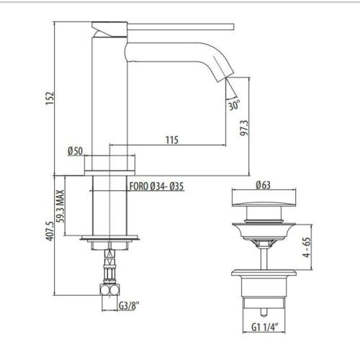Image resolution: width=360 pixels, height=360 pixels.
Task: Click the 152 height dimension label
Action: point(50,98)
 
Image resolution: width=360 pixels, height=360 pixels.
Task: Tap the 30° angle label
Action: point(234,105)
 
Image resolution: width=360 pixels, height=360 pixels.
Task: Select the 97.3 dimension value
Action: point(244,128)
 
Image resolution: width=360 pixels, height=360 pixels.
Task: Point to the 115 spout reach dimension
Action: point(172,140)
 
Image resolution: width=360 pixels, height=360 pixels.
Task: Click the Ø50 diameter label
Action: point(75,151)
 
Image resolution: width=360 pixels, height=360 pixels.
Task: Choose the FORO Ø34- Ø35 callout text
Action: point(156,186)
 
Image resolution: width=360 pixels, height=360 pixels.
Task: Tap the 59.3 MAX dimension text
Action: point(60,206)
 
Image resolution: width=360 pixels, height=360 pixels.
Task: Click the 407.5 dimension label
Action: point(50,231)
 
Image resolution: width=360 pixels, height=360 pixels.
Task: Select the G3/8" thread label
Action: point(129,305)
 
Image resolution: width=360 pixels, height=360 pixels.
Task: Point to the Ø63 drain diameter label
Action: point(263,185)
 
